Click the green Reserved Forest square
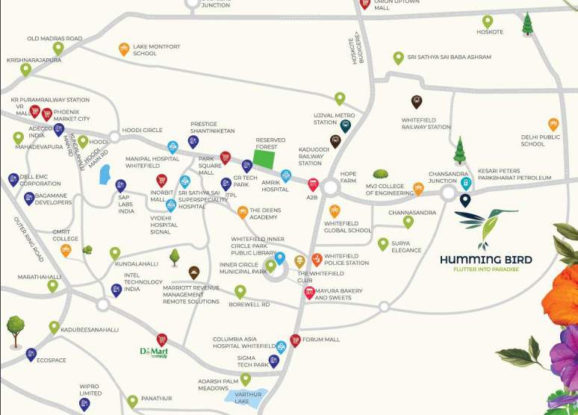(262, 155)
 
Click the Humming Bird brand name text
(485, 260)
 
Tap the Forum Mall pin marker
(295, 340)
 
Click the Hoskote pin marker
(487, 22)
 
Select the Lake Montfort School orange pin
(124, 49)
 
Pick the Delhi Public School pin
(553, 124)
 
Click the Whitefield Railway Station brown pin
(417, 102)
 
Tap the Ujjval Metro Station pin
(345, 125)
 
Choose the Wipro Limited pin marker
(84, 404)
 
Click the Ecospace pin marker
(31, 355)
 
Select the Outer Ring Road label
(28, 239)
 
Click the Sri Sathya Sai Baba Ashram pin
(398, 57)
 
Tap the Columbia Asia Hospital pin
(281, 346)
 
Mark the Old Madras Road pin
(58, 49)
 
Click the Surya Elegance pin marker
(383, 244)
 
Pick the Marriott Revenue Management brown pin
(194, 272)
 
